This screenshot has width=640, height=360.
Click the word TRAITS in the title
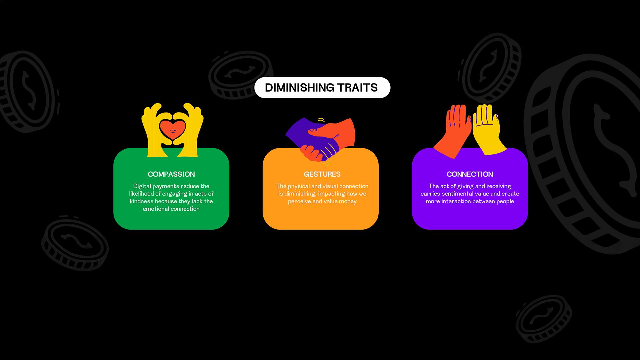click(x=357, y=88)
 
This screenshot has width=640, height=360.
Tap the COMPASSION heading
click(x=171, y=174)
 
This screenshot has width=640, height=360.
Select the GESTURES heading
click(x=322, y=174)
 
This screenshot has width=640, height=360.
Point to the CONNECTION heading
click(x=470, y=174)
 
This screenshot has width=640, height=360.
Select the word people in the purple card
click(x=505, y=201)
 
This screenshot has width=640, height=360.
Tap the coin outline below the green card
click(x=75, y=244)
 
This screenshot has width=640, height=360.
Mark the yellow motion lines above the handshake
click(x=321, y=120)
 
